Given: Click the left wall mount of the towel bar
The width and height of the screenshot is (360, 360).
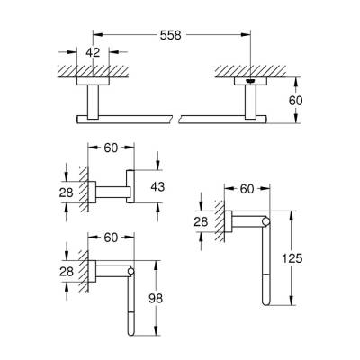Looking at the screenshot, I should [x=92, y=99].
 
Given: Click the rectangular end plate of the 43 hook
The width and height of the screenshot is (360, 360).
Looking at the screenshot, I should [x=130, y=188].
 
